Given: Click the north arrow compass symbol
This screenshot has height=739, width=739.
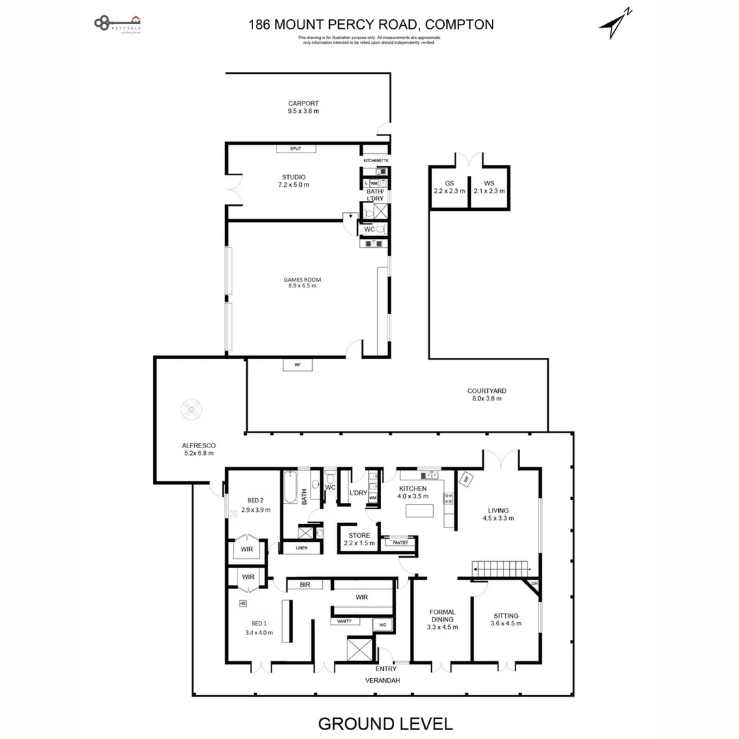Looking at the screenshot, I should coord(614,25).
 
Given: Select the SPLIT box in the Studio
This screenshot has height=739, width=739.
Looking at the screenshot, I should coord(296,148).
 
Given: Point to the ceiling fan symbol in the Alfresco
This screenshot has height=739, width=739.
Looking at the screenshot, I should coord(191,411).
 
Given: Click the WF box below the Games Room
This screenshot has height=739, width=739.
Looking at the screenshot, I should coord(298,365).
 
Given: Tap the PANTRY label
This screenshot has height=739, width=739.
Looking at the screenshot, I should coord(400,543).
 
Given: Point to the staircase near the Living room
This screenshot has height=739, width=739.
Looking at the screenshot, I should coord(501,569).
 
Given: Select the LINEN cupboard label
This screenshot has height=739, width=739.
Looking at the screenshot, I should coord(301,548).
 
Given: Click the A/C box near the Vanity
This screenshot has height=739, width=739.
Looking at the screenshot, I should coord(382,625).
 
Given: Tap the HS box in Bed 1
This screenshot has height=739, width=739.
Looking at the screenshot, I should coord(243,603).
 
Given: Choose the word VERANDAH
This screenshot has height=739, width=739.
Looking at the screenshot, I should coord(382,680).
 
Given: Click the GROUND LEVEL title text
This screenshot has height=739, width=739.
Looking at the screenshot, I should coord(385,723).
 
